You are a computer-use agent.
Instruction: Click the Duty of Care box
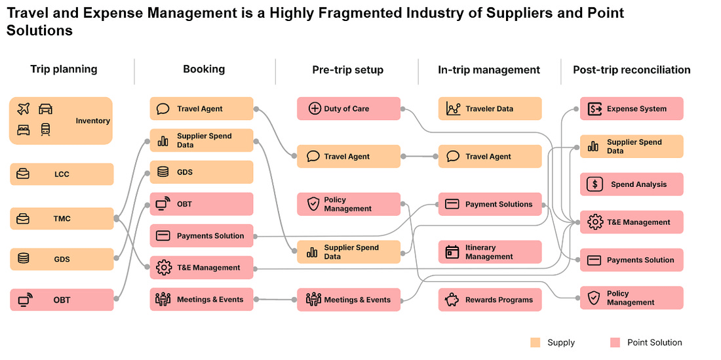coord(348,109)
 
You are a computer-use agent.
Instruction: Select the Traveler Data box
coord(490,109)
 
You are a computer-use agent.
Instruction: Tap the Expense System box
coord(631,109)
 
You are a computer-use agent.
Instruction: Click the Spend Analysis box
coord(631,184)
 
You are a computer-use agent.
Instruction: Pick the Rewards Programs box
coord(490,300)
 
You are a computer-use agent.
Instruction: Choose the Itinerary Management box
coord(490,252)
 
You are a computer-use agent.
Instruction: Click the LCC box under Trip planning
coord(62,174)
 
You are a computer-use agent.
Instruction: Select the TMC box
coord(62,218)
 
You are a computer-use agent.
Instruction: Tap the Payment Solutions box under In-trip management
coord(490,204)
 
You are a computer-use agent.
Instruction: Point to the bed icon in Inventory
coord(24,129)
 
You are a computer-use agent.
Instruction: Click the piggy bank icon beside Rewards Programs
coord(452,300)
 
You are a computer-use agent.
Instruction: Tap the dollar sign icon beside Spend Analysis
coord(594,184)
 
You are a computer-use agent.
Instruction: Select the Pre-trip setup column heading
coord(347,70)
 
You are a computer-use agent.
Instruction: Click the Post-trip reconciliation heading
coord(631,70)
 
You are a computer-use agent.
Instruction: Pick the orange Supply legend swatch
coord(536,342)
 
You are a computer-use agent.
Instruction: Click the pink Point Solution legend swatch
coord(615,342)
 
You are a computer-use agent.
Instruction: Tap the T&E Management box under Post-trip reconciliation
coord(631,222)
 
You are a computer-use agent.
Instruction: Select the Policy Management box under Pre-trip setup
coord(348,204)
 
